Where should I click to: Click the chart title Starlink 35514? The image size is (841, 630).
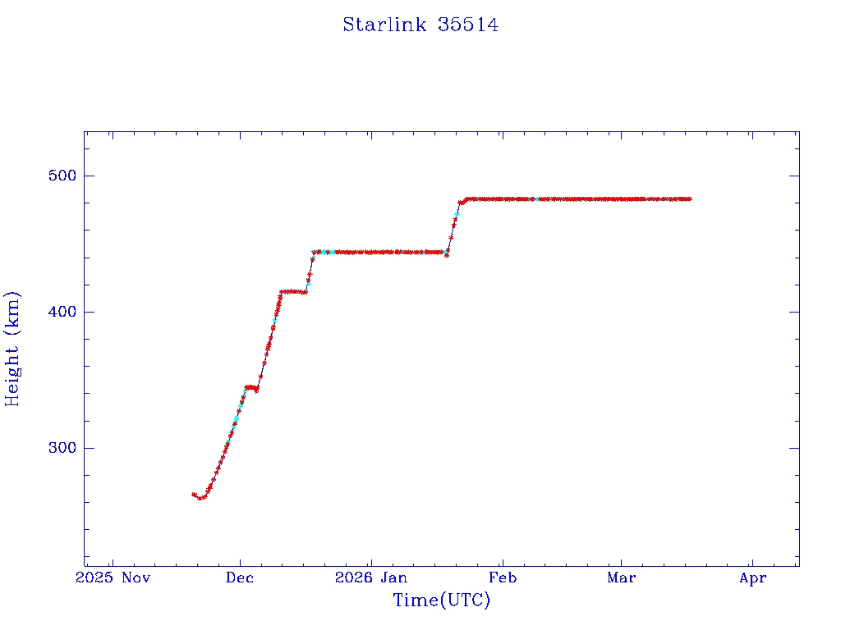click(420, 25)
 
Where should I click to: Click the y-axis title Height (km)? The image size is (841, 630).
click(12, 349)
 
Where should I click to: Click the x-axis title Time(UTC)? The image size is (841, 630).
click(441, 600)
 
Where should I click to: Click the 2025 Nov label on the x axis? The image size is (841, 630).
click(113, 578)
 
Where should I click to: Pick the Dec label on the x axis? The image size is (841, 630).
click(240, 578)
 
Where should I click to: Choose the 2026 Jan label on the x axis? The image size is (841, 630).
click(371, 578)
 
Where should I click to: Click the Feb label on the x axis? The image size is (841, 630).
click(502, 578)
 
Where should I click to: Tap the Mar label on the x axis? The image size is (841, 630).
click(621, 578)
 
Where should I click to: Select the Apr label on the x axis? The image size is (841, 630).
click(752, 578)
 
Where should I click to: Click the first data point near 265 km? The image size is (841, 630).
click(194, 494)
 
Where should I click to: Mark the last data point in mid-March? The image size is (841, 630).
click(690, 199)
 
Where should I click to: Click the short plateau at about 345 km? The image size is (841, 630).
click(251, 387)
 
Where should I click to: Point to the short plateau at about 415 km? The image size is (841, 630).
click(292, 291)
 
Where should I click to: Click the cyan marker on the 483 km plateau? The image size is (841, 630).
click(535, 199)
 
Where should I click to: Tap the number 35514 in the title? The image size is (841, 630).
click(468, 25)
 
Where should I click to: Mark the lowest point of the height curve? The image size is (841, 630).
click(201, 498)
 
